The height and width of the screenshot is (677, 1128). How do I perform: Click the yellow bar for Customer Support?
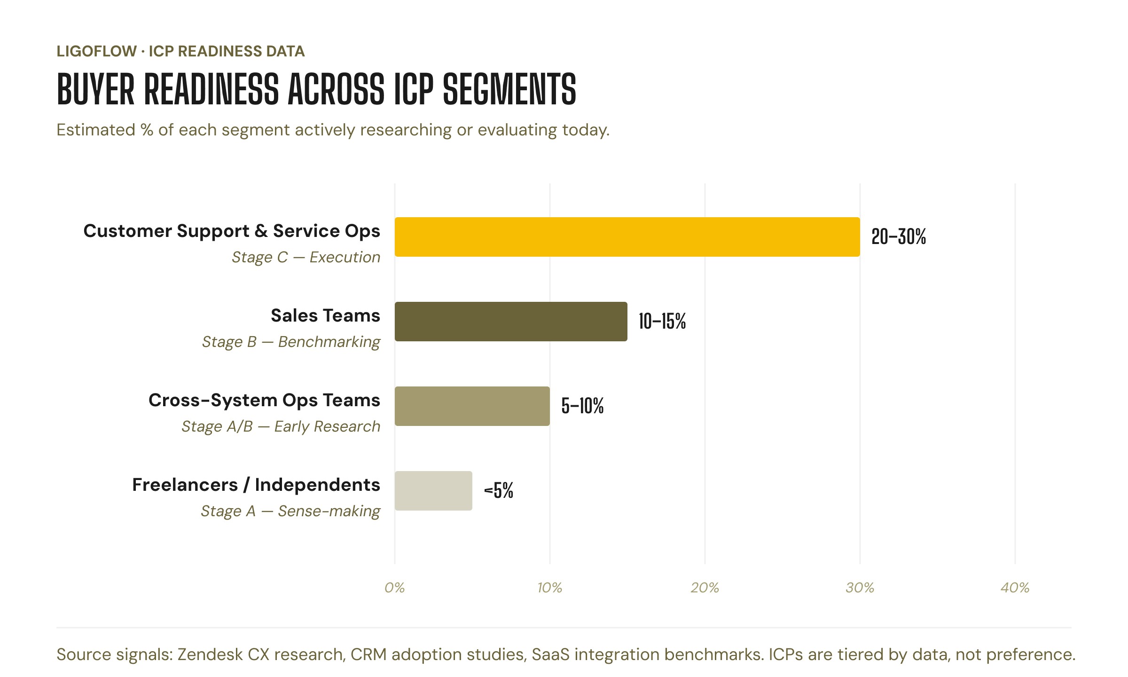tap(627, 237)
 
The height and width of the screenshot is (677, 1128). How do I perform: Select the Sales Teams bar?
tap(511, 322)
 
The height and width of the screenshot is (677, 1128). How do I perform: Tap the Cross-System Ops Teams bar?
tap(472, 406)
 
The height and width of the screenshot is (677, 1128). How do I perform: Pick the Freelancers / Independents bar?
tap(433, 491)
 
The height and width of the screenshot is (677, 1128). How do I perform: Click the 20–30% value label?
tap(898, 237)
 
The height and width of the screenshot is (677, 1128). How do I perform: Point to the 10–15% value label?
tap(662, 322)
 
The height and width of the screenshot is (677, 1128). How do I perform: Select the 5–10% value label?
tap(582, 406)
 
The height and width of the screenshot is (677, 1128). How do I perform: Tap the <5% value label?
tap(499, 491)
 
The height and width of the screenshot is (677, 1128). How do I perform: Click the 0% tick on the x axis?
tap(394, 588)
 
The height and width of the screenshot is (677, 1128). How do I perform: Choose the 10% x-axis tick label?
tap(549, 588)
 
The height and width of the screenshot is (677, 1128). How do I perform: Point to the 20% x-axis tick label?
tap(705, 588)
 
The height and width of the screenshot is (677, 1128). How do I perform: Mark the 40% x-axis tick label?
tap(1015, 588)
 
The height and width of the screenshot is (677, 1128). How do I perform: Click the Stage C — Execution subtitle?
tap(306, 258)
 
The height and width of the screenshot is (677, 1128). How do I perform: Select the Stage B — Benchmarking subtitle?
tap(291, 342)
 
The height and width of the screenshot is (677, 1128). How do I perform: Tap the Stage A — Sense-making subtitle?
tap(290, 512)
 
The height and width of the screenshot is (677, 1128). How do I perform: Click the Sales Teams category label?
tap(325, 316)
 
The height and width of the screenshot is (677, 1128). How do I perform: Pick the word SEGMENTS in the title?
tap(509, 89)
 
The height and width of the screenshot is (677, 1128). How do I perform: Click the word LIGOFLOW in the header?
tap(96, 51)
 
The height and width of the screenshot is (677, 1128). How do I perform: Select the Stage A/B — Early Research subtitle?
tap(281, 427)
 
